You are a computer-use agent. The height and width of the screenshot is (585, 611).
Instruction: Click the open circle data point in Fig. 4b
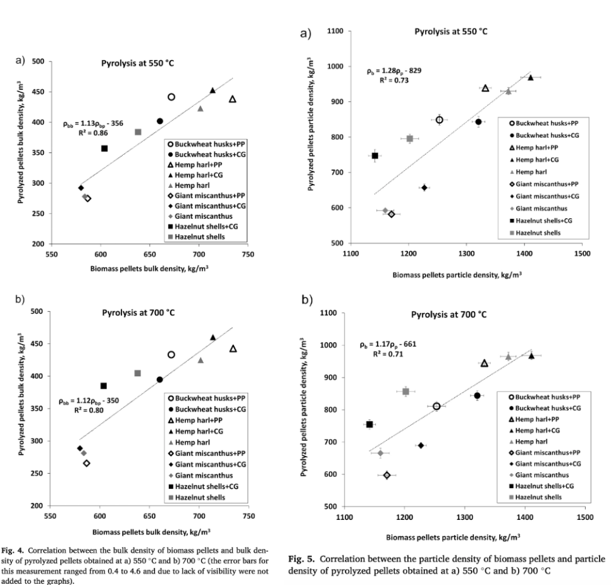pos(171,355)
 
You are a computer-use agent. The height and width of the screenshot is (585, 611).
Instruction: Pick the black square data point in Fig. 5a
pos(375,156)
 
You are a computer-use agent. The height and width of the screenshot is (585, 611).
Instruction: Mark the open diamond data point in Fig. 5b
pos(387,475)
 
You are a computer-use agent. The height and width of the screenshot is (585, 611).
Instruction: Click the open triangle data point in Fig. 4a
pos(232,99)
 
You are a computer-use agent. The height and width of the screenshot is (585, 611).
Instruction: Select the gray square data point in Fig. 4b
pos(138,373)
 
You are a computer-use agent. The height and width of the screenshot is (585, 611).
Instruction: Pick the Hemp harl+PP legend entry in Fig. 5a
pos(538,148)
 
